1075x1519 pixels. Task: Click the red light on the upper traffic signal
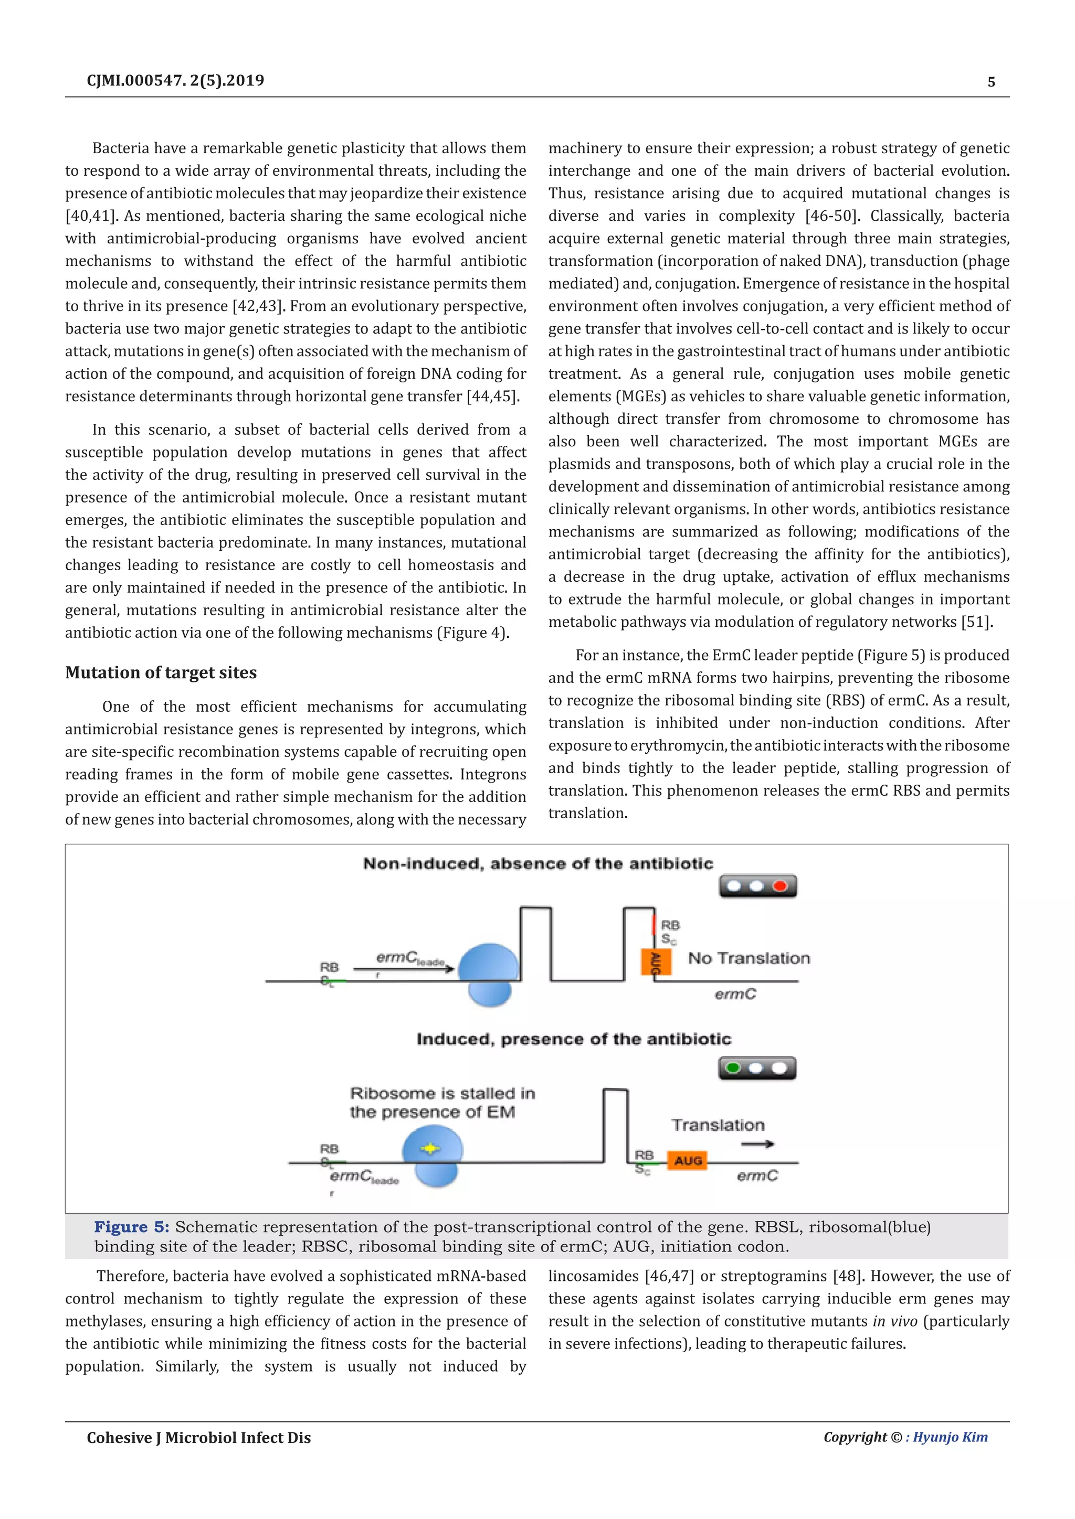coord(780,886)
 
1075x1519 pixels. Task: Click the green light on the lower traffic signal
coord(733,1068)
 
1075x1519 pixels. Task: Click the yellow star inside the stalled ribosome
coord(430,1149)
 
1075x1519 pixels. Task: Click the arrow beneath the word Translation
coord(757,1144)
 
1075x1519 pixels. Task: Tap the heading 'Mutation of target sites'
coord(161,673)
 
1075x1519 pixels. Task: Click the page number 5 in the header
coord(991,82)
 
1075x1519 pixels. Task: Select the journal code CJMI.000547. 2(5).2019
coord(175,81)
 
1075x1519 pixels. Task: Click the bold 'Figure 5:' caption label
coord(132,1227)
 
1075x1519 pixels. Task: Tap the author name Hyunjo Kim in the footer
coord(950,1437)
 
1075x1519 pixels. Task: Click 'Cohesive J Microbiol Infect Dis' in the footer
coord(198,1438)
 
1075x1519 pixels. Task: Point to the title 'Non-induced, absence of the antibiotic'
coord(537,863)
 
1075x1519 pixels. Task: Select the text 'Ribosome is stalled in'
coord(442,1093)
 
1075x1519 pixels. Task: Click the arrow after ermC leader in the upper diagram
coord(404,969)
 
